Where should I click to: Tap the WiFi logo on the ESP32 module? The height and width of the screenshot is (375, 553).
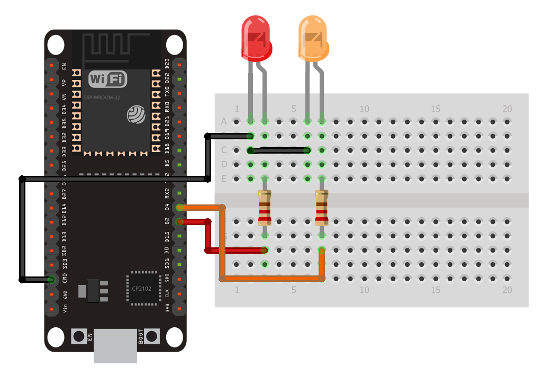pyautogui.click(x=108, y=79)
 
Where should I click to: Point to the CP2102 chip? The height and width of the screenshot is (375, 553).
pyautogui.click(x=143, y=288)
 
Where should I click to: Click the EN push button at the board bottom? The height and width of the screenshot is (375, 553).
pyautogui.click(x=79, y=336)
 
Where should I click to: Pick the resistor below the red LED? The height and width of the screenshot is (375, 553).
pyautogui.click(x=265, y=208)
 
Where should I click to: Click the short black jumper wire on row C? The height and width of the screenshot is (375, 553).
pyautogui.click(x=279, y=150)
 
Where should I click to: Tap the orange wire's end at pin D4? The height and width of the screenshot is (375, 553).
pyautogui.click(x=180, y=207)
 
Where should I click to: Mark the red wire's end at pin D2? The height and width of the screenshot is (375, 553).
pyautogui.click(x=180, y=221)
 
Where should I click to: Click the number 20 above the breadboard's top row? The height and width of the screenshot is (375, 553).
pyautogui.click(x=507, y=109)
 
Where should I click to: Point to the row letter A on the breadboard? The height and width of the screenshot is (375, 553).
pyautogui.click(x=224, y=122)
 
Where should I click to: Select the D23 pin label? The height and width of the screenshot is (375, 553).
pyautogui.click(x=167, y=64)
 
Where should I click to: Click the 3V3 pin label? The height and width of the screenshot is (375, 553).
pyautogui.click(x=167, y=308)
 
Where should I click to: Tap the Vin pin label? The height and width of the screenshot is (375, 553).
pyautogui.click(x=65, y=308)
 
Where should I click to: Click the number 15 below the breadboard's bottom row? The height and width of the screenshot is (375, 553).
pyautogui.click(x=436, y=290)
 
